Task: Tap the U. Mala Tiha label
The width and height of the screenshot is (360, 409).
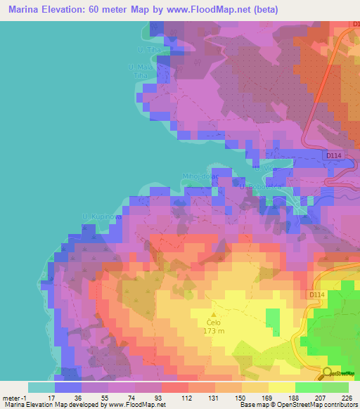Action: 140,70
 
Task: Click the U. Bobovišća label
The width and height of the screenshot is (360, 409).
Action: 259,187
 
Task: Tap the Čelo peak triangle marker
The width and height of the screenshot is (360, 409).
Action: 214,314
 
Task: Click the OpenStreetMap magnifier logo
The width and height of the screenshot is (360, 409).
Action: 327,373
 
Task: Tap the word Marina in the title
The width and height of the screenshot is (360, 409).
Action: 26,10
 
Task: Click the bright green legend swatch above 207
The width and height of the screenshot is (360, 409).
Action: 309,387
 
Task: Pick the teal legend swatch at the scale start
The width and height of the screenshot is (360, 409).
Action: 41,387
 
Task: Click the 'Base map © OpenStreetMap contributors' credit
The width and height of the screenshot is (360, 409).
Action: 299,405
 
